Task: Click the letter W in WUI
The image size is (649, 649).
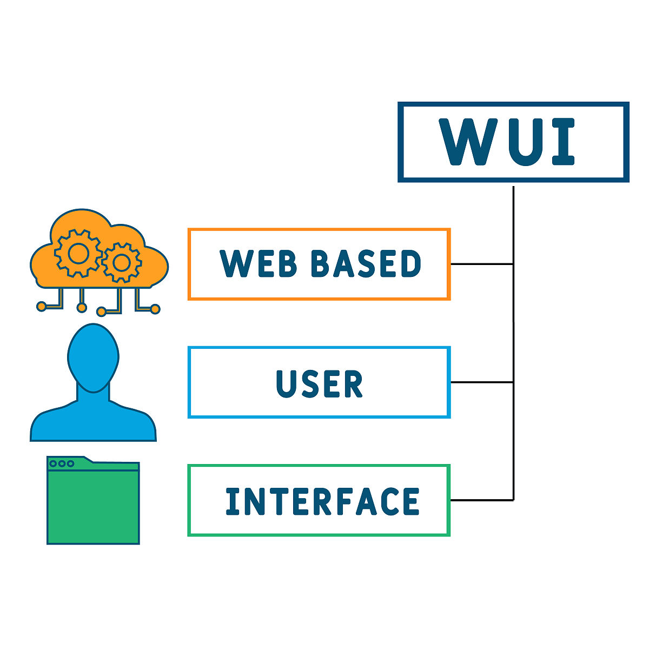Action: [x=465, y=142]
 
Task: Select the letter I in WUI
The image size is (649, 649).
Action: [x=562, y=142]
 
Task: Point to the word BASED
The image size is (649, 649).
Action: [x=366, y=264]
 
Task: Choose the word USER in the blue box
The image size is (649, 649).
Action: [x=319, y=383]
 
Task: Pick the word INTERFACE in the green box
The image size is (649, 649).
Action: [x=322, y=501]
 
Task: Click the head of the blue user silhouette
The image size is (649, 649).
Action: [x=93, y=357]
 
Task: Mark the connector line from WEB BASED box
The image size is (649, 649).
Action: [x=481, y=264]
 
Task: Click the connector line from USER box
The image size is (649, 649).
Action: [x=481, y=382]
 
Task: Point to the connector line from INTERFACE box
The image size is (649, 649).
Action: [x=481, y=500]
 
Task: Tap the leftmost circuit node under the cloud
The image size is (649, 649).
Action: [x=41, y=307]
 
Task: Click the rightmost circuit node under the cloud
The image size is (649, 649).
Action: [x=155, y=309]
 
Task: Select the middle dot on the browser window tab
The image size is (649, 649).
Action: [x=62, y=463]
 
